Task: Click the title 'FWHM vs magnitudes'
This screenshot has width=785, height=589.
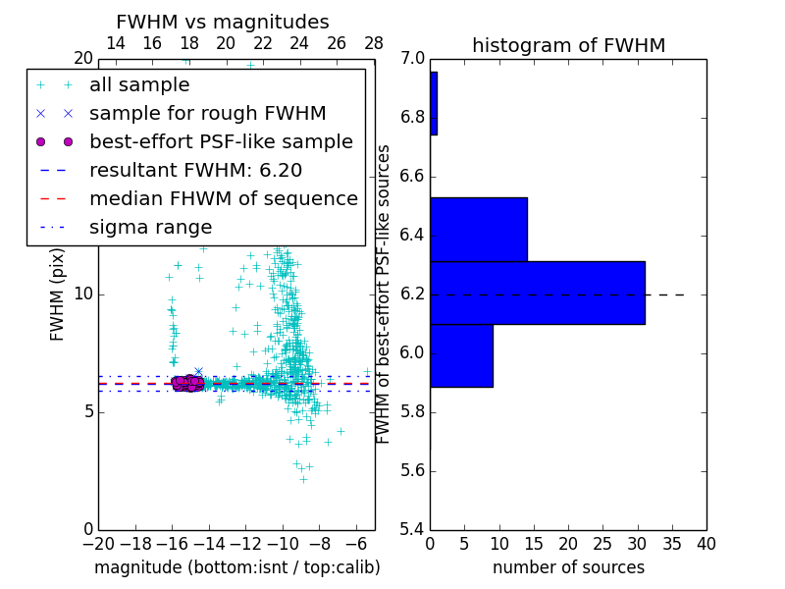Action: tap(223, 22)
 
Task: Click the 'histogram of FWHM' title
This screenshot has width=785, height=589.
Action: tap(568, 45)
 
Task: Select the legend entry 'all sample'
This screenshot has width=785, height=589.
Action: tap(139, 85)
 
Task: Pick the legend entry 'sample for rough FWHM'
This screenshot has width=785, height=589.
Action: tap(207, 113)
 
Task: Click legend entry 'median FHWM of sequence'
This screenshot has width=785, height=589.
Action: tap(223, 198)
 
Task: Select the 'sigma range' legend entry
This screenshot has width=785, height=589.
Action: tap(150, 227)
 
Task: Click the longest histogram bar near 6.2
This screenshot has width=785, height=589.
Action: tap(537, 292)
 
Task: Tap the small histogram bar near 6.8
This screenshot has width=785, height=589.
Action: tap(433, 103)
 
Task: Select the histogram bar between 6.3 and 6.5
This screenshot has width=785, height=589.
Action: tap(478, 229)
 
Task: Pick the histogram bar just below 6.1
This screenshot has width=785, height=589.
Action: tap(461, 355)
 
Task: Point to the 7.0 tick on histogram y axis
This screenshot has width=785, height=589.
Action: tap(413, 59)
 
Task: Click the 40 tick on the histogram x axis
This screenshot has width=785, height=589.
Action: tap(706, 543)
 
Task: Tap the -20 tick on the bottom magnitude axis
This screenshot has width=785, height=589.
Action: tap(98, 543)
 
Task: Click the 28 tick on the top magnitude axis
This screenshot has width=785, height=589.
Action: tap(374, 43)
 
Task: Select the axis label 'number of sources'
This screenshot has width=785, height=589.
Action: tap(568, 567)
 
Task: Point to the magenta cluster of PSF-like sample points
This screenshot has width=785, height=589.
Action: tap(187, 383)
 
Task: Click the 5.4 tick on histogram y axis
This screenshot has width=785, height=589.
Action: tap(413, 529)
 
